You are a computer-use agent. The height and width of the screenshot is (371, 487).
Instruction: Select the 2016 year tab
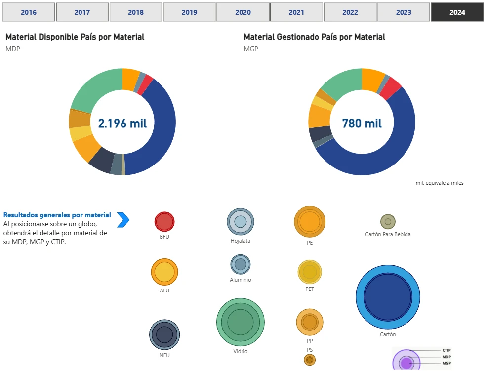tap(29, 12)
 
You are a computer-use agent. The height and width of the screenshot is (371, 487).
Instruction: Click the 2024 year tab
tap(457, 12)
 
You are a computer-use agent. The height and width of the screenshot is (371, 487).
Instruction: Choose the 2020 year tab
tap(243, 12)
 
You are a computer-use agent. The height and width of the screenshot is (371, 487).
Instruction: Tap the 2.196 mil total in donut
tap(122, 123)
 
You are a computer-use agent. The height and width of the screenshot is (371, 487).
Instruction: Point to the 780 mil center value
tap(362, 123)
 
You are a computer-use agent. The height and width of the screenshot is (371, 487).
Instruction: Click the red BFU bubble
tap(164, 222)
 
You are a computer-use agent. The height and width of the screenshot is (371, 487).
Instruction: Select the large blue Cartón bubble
tap(388, 296)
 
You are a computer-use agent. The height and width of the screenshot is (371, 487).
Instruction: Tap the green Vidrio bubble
tap(241, 322)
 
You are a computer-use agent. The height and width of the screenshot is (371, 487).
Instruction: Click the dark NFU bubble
tap(164, 334)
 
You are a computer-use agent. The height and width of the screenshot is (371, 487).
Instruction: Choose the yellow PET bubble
tap(310, 272)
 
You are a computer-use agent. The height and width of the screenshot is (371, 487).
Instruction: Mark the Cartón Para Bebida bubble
tap(388, 222)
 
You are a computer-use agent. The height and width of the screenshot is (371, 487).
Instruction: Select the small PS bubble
tap(310, 360)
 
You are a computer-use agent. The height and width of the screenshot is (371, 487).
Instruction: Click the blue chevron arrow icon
tap(123, 220)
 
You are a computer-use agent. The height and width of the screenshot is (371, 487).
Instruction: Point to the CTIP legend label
tap(446, 350)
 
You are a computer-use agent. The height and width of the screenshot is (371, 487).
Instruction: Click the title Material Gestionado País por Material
tap(314, 37)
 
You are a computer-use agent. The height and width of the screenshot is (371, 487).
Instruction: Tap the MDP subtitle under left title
tap(13, 49)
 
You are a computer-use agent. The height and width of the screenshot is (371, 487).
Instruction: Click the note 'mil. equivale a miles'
tap(440, 183)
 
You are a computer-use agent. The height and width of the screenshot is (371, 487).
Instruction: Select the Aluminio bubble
tap(241, 264)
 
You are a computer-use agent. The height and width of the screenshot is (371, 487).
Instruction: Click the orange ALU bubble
tap(164, 272)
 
